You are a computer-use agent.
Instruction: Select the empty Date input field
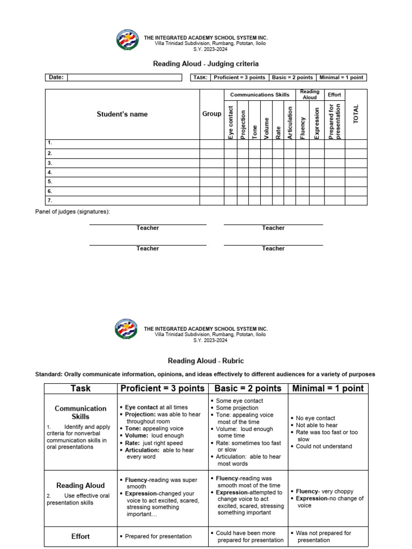124,77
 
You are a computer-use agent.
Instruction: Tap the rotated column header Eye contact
231,123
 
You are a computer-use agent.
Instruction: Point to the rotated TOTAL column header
356,114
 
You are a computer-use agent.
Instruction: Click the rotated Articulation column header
290,123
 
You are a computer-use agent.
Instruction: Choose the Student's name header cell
122,114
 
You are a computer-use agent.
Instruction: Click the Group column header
212,114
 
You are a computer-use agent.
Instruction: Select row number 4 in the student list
50,173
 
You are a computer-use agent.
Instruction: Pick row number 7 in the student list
50,201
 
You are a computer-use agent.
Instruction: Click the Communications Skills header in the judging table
260,95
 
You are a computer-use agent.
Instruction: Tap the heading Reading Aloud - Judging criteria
206,64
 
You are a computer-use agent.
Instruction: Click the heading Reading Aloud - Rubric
206,361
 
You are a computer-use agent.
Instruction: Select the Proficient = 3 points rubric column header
162,388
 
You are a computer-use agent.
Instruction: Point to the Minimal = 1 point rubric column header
328,388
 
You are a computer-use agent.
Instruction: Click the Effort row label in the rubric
80,536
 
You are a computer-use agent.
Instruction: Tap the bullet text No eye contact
315,418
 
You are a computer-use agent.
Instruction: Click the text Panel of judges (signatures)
72,212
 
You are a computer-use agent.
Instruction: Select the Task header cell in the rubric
80,388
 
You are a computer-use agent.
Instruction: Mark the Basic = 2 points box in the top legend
292,77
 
